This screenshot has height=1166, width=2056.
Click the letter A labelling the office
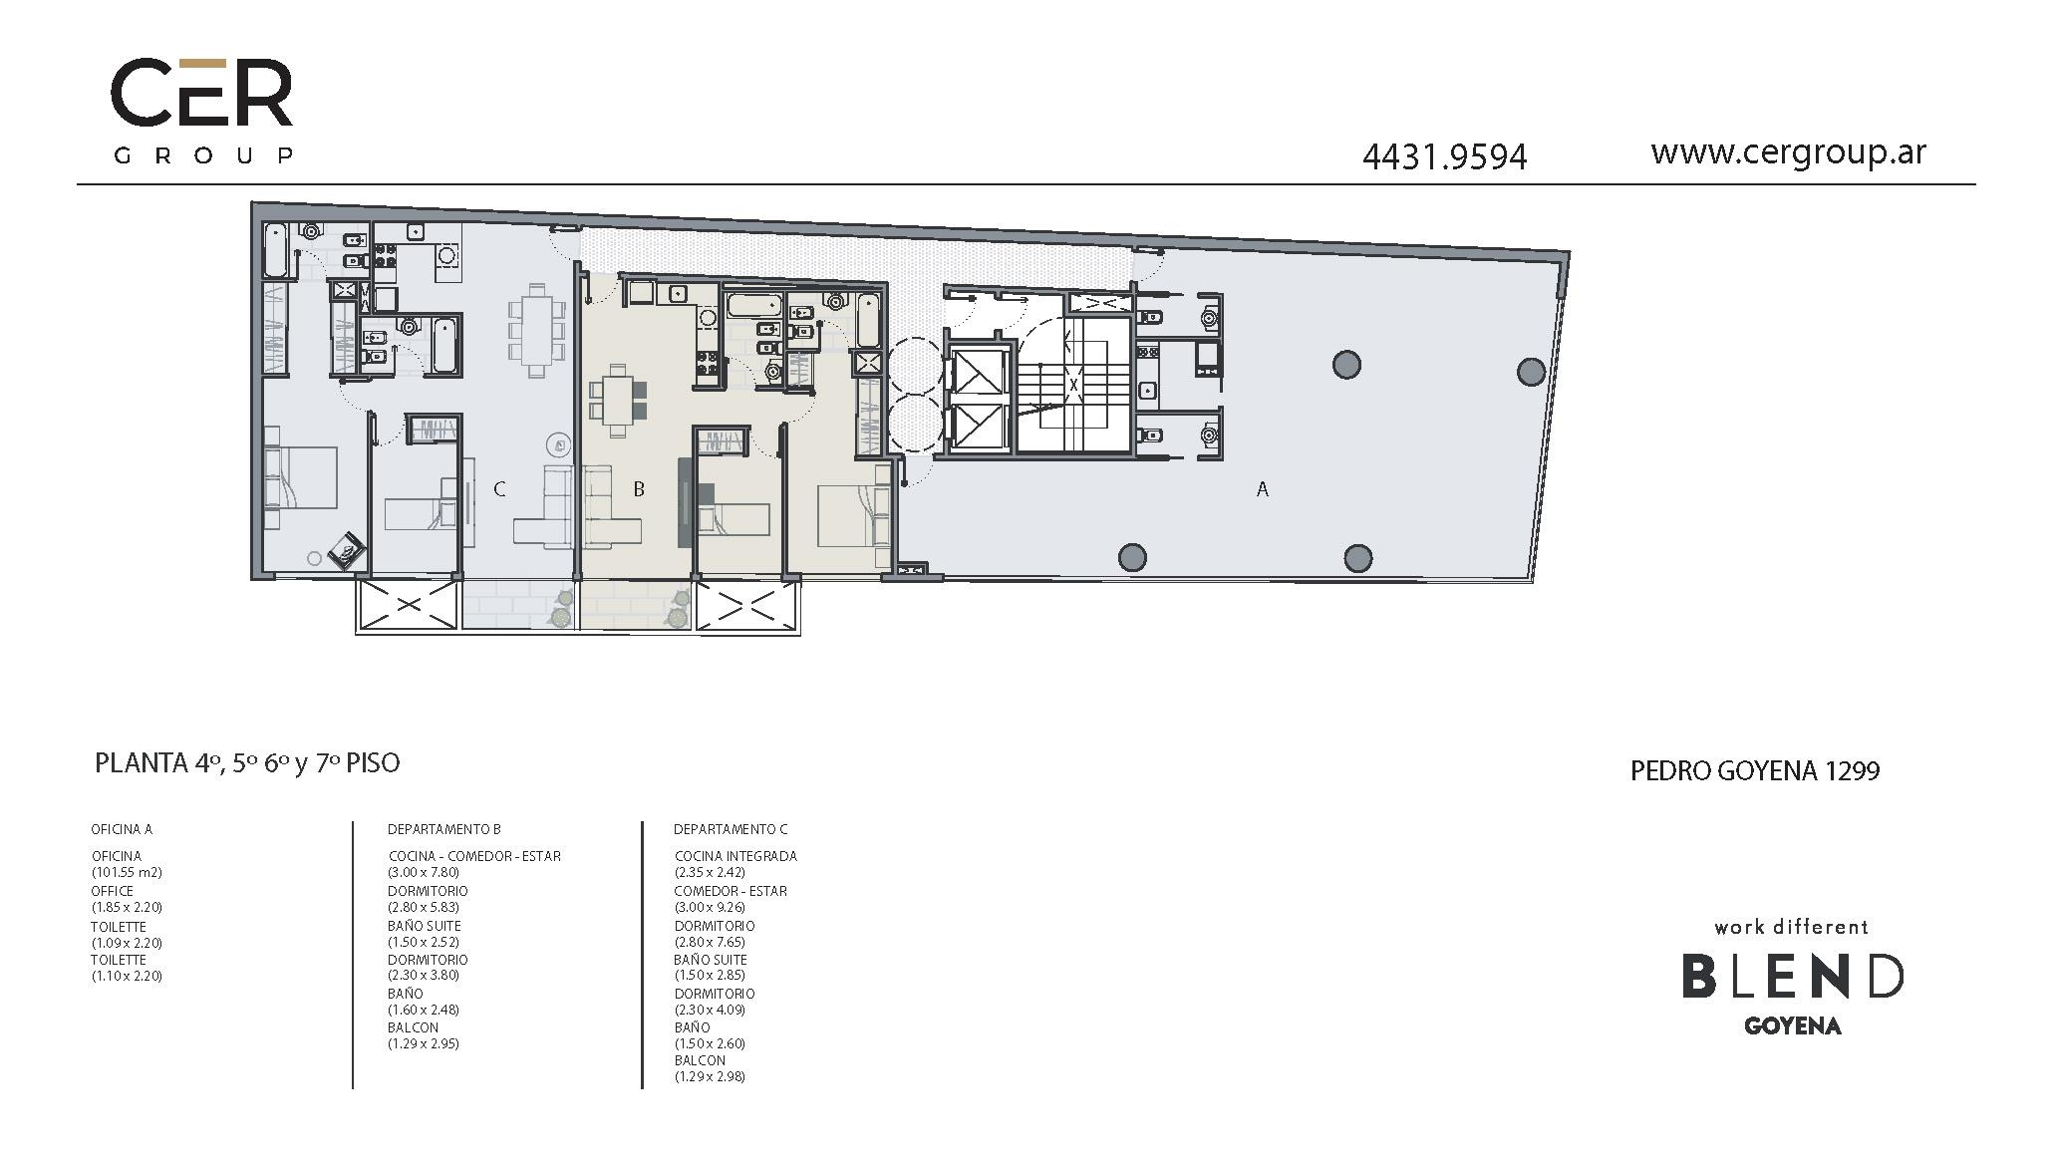[1263, 489]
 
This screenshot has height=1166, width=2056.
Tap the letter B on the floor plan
[639, 489]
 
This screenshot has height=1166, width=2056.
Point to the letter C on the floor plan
[499, 489]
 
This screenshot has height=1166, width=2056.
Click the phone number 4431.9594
[1444, 157]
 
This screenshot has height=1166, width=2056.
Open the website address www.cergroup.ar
[1788, 152]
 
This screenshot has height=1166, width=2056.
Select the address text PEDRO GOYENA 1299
[1755, 771]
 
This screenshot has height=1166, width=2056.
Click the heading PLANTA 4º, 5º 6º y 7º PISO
[247, 763]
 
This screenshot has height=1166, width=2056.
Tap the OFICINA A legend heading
[122, 829]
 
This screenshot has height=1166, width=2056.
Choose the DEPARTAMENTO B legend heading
[444, 829]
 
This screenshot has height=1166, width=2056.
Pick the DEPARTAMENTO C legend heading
[731, 829]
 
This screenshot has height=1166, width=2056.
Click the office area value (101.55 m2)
[127, 872]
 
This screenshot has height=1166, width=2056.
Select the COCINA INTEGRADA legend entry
[735, 856]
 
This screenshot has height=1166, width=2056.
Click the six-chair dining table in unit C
[537, 330]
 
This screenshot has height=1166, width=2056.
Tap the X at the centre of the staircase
[1073, 384]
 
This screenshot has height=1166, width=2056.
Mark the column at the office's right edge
[1531, 372]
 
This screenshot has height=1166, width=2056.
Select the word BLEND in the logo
[1793, 977]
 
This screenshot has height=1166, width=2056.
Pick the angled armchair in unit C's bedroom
[348, 549]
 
